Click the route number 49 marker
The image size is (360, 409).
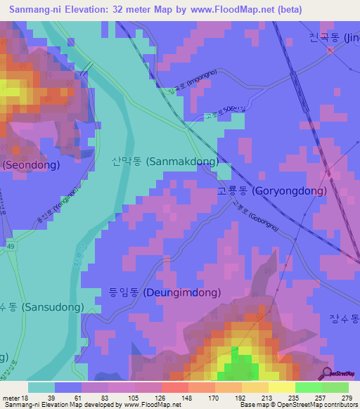point(10,246)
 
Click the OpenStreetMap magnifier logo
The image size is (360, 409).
point(327,372)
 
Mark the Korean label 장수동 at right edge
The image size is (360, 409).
point(345,318)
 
